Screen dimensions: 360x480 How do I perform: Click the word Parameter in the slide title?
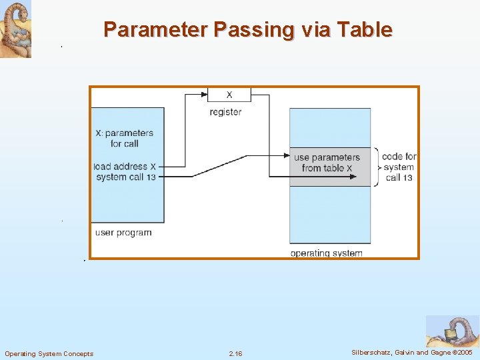156,30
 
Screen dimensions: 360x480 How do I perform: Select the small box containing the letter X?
229,95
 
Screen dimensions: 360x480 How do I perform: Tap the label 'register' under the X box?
225,112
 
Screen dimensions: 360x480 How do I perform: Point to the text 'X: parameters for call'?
124,138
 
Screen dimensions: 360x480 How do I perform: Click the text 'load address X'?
125,166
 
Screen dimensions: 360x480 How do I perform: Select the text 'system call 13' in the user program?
125,177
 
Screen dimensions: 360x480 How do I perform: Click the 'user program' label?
123,233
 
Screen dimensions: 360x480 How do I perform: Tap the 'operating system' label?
326,253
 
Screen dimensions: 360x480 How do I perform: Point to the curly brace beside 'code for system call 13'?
377,167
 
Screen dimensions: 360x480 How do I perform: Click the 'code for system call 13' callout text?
399,167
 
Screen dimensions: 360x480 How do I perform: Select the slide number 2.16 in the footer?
235,353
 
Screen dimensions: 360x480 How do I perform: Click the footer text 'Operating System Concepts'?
49,353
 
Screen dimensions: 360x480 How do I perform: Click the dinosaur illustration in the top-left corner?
15,29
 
